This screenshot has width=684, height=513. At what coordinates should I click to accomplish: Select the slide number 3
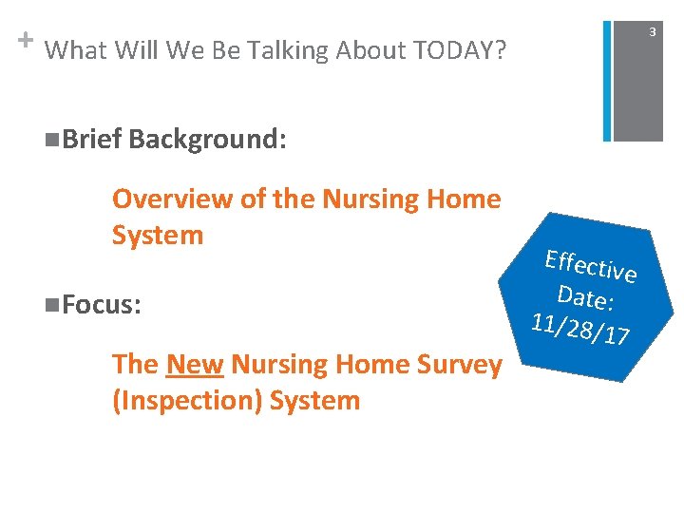click(652, 33)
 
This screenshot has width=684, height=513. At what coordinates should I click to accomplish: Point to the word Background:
click(207, 140)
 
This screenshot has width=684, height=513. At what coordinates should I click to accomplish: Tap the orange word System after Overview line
click(158, 235)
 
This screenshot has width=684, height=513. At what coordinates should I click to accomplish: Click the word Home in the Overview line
click(464, 199)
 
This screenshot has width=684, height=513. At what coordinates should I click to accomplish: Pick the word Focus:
click(99, 305)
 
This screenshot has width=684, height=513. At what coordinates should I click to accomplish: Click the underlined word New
click(195, 364)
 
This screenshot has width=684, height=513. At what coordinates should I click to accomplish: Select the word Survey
click(455, 364)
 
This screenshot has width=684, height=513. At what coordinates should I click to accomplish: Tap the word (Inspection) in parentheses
click(186, 400)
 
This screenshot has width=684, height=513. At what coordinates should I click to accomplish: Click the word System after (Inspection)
click(314, 400)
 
